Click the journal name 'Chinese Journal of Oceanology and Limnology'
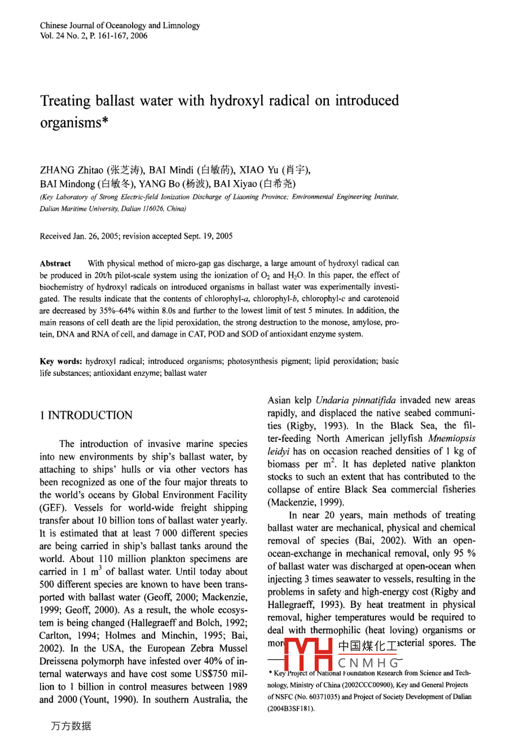pyautogui.click(x=120, y=25)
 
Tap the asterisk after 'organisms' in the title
pyautogui.click(x=104, y=122)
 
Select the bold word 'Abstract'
pyautogui.click(x=55, y=264)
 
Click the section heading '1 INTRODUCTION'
pyautogui.click(x=86, y=416)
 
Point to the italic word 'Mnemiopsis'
pyautogui.click(x=451, y=439)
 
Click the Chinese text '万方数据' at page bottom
pyautogui.click(x=71, y=726)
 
